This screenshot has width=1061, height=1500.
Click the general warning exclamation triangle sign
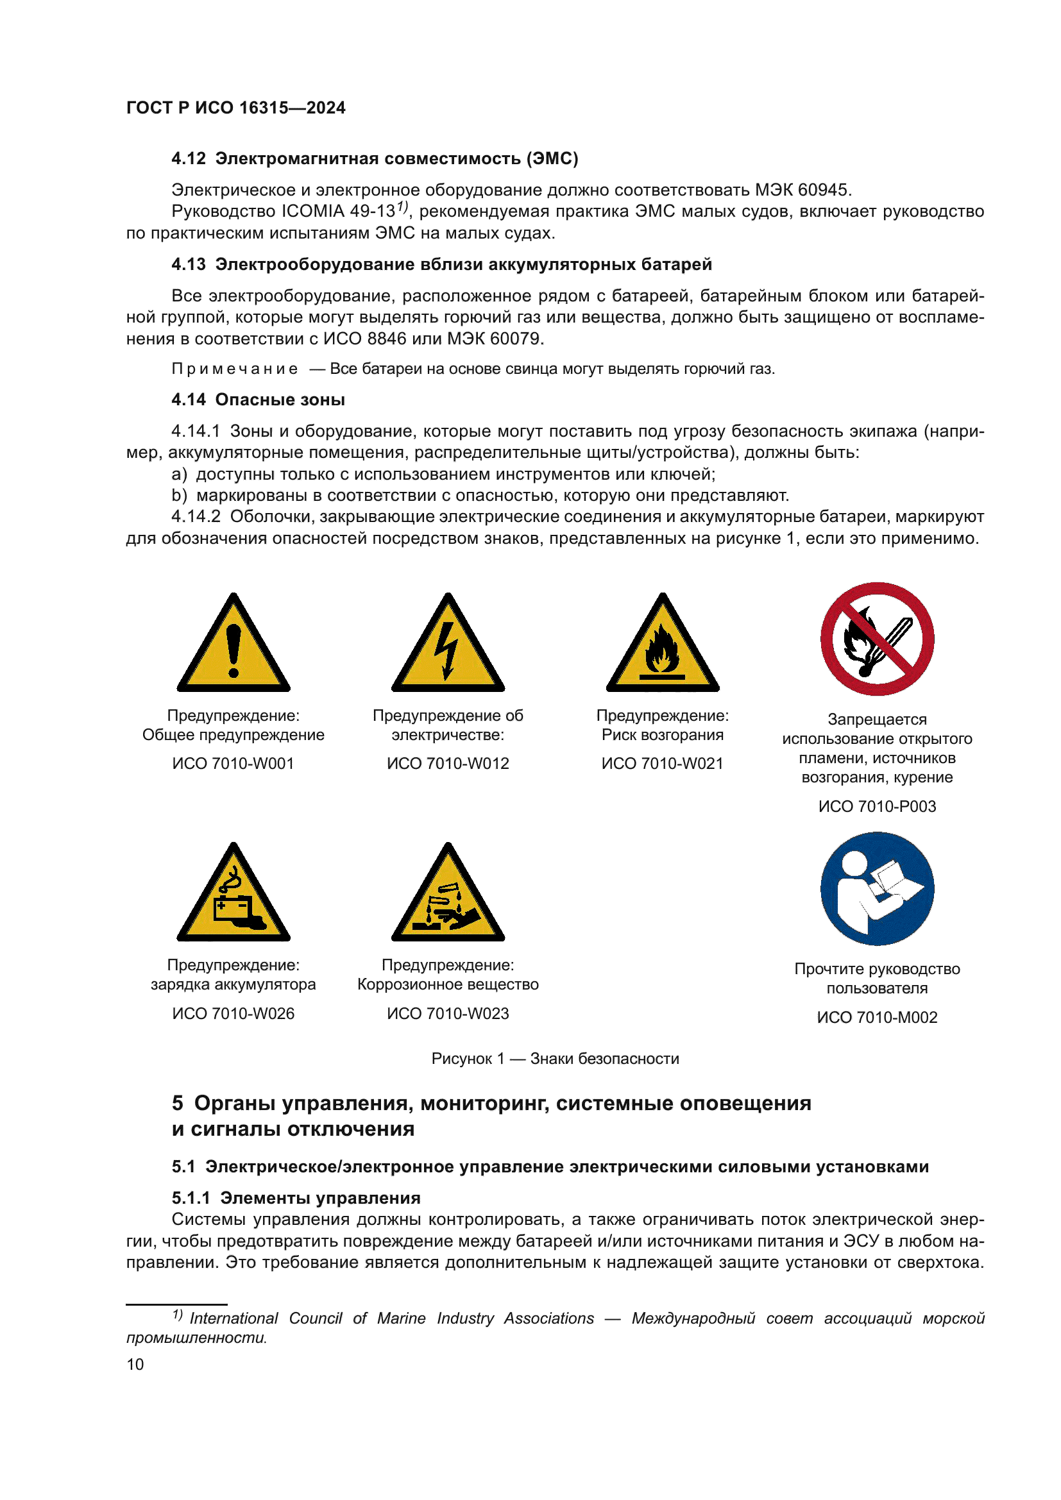click(233, 647)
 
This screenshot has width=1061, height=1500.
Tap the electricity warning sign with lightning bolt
click(448, 647)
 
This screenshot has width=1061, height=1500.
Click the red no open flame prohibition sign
click(877, 639)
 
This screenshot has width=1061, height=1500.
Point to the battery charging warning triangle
click(233, 897)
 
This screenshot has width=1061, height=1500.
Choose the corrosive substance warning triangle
click(448, 897)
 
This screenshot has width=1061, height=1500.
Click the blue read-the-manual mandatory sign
click(877, 888)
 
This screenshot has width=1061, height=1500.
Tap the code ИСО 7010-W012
click(448, 763)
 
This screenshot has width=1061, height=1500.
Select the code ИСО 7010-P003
click(877, 806)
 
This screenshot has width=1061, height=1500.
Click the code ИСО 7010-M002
click(877, 1017)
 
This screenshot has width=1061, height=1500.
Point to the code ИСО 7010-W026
click(233, 1013)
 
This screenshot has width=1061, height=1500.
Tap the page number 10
click(135, 1364)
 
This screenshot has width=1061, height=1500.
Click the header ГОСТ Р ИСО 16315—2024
click(235, 108)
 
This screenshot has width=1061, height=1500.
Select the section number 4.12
click(188, 159)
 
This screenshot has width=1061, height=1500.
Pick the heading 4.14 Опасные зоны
click(258, 400)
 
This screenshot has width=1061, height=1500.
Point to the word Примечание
click(235, 369)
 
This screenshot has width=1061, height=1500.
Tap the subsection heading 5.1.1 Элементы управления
click(296, 1198)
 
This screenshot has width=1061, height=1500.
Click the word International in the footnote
click(233, 1319)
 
